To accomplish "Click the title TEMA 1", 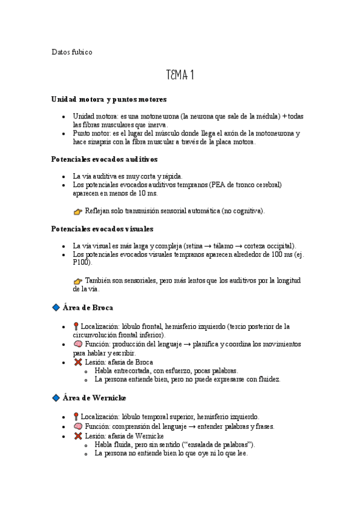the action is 180,75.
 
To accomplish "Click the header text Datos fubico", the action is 72,52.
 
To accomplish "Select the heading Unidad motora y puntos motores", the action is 109,99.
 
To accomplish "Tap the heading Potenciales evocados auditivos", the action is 105,159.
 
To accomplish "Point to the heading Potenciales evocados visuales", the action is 103,229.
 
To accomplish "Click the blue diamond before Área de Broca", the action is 56,307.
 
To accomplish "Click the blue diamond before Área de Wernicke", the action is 56,398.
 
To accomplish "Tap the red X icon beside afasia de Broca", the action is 78,363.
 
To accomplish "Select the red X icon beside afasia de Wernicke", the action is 78,435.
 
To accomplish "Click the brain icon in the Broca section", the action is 78,344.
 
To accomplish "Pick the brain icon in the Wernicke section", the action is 78,426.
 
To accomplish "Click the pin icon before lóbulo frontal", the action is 76,326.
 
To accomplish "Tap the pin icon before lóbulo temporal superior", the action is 76,416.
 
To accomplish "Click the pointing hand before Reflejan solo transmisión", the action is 78,212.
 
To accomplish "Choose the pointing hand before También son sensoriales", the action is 78,281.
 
